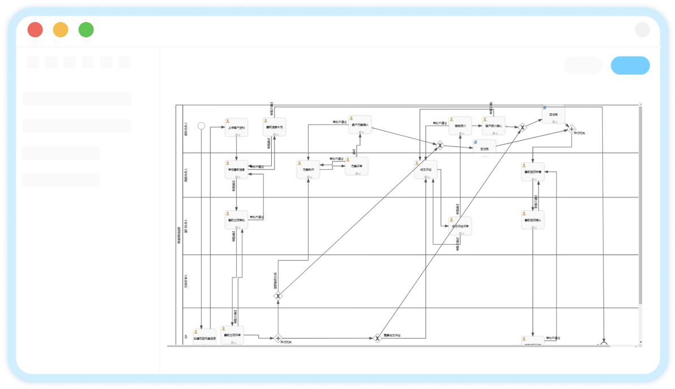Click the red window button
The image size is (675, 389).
[35, 29]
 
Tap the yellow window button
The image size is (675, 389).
[61, 29]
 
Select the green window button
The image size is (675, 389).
[86, 29]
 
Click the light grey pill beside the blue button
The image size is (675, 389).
[583, 66]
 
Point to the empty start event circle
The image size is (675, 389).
[200, 126]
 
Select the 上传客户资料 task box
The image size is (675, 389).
[236, 127]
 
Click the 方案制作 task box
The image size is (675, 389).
[308, 170]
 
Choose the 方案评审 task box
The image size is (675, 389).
[357, 166]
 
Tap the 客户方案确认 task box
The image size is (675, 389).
[360, 124]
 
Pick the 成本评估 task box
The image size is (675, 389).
[425, 170]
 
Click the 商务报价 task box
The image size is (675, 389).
[460, 126]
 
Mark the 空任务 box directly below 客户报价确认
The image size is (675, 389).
[484, 148]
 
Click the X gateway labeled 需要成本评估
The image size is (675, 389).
[377, 338]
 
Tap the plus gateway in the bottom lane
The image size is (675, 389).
[278, 338]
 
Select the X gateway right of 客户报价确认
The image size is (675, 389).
[523, 128]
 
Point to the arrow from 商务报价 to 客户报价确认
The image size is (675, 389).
[477, 127]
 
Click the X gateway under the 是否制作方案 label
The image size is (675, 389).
[278, 295]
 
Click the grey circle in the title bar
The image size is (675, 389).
[642, 29]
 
